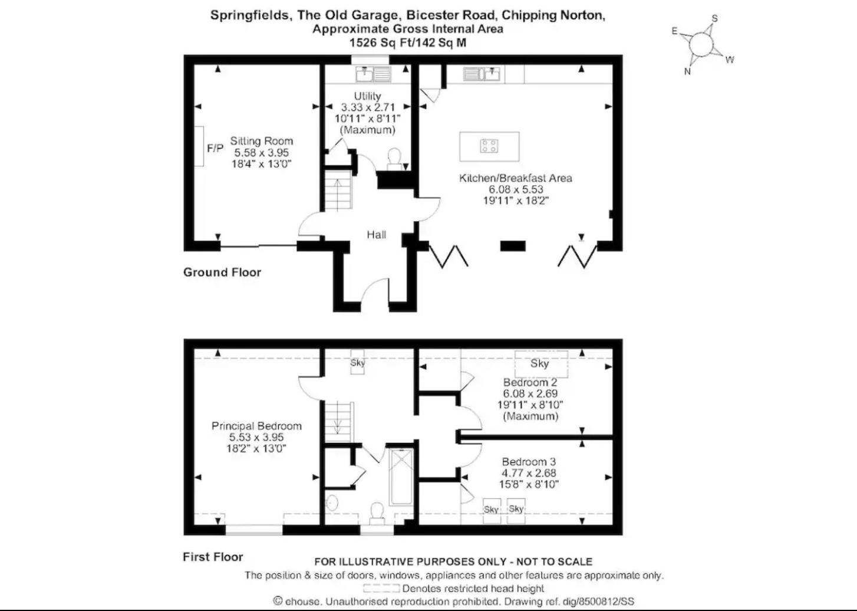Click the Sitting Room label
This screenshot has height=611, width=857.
click(x=261, y=141)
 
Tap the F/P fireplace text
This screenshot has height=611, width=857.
click(x=215, y=148)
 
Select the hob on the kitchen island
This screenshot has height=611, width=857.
click(x=489, y=146)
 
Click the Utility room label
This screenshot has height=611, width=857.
click(x=367, y=96)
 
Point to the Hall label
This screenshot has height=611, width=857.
click(x=376, y=235)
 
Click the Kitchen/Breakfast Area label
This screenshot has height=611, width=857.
click(x=515, y=178)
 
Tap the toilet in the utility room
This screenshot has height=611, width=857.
click(x=394, y=159)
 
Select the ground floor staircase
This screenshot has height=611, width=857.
click(x=338, y=190)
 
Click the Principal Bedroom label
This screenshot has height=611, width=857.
click(x=256, y=426)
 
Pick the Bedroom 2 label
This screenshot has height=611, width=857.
click(x=530, y=382)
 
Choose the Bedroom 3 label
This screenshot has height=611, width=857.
click(x=529, y=461)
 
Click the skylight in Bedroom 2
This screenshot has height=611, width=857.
click(x=541, y=364)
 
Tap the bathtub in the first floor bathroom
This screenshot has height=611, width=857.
click(x=401, y=477)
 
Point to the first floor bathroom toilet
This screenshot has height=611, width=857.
click(x=377, y=513)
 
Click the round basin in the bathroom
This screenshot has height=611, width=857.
click(x=332, y=502)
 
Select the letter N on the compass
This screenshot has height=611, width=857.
click(x=687, y=71)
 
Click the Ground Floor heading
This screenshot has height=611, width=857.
click(x=222, y=272)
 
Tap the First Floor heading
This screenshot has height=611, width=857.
click(x=213, y=557)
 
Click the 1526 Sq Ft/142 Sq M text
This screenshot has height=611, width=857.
click(x=408, y=42)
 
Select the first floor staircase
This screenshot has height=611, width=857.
click(x=338, y=422)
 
